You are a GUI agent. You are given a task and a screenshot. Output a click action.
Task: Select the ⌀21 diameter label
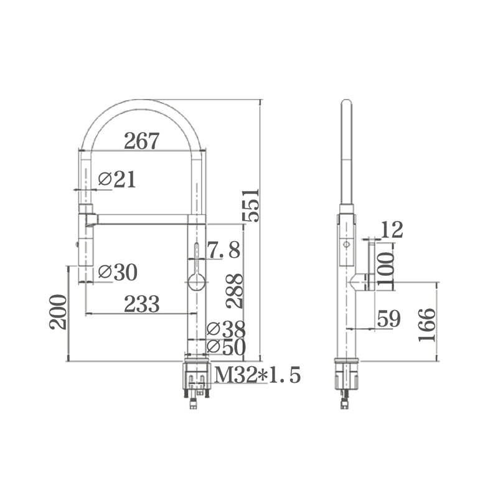click(117, 180)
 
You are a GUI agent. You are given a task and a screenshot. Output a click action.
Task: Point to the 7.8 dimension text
click(223, 250)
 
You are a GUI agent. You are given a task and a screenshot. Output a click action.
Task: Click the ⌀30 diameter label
click(118, 272)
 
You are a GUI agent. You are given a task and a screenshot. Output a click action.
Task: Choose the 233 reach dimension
click(142, 304)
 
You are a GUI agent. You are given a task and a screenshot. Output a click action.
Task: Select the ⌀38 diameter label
click(226, 329)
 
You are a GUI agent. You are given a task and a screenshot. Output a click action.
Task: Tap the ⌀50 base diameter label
click(226, 347)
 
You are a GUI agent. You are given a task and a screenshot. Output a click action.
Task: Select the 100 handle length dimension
click(386, 266)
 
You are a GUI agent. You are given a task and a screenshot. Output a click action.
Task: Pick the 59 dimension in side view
click(389, 319)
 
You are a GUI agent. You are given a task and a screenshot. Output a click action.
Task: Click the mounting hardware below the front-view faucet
click(196, 381)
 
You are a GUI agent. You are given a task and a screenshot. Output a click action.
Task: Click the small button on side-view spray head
click(346, 244)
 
